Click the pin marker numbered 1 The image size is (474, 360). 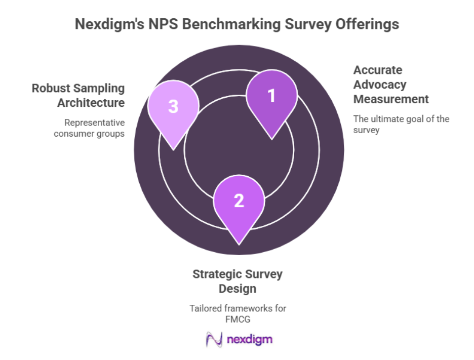click(271, 97)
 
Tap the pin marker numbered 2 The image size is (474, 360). click(239, 202)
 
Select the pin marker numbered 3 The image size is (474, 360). click(173, 108)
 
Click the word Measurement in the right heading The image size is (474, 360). click(390, 99)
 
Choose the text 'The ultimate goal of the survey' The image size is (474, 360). click(401, 124)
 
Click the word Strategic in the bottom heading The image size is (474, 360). click(218, 274)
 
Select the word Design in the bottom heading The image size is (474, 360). click(238, 289)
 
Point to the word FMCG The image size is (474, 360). click(238, 319)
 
